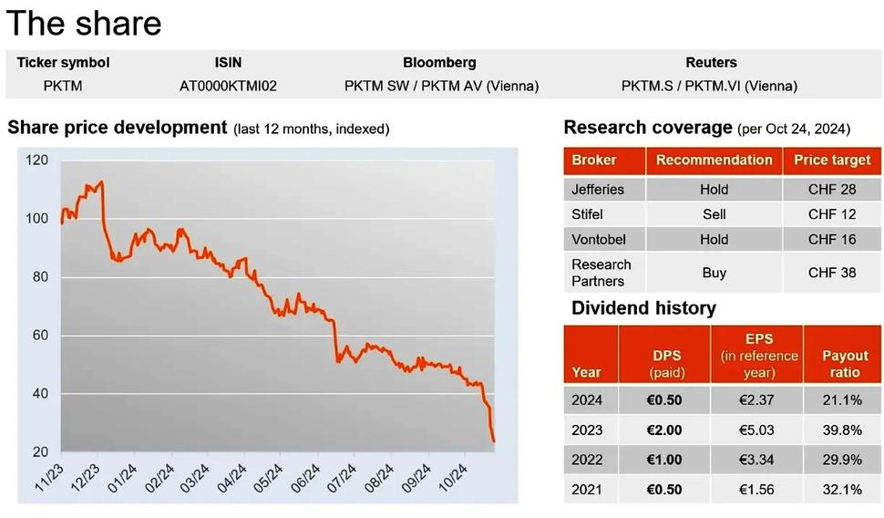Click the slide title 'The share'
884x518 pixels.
[x=84, y=23]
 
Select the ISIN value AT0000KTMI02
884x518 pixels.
[x=228, y=87]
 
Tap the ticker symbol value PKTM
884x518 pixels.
[x=63, y=87]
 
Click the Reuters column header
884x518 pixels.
[x=711, y=63]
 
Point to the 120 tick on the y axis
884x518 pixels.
[x=37, y=161]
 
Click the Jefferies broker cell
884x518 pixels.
[x=598, y=190]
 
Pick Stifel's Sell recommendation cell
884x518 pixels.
[x=714, y=214]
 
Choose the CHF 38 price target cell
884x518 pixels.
[x=832, y=273]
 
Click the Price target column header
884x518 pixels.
[x=832, y=161]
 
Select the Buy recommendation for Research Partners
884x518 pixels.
[x=714, y=273]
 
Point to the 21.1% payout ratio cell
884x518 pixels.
[x=842, y=399]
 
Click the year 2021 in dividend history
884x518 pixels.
[x=587, y=490]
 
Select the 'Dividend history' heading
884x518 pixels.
[x=643, y=308]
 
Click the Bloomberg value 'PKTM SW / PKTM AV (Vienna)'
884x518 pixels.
[x=441, y=87]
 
